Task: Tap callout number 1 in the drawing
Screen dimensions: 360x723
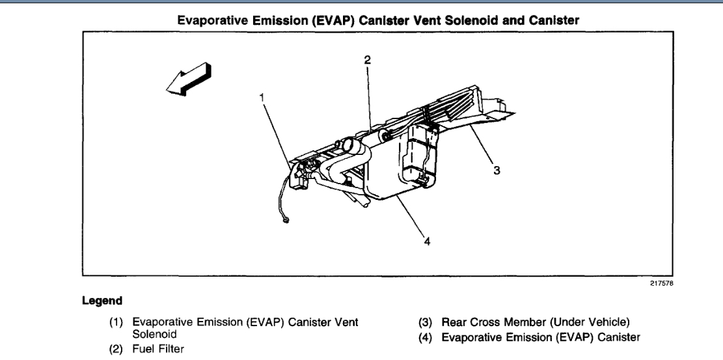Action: [262, 98]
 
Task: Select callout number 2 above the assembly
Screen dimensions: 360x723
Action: [367, 60]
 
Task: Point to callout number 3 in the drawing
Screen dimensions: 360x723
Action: [497, 171]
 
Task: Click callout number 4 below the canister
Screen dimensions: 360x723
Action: [427, 242]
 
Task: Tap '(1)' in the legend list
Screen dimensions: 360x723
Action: [119, 322]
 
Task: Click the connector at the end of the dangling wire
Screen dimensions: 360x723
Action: [286, 223]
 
